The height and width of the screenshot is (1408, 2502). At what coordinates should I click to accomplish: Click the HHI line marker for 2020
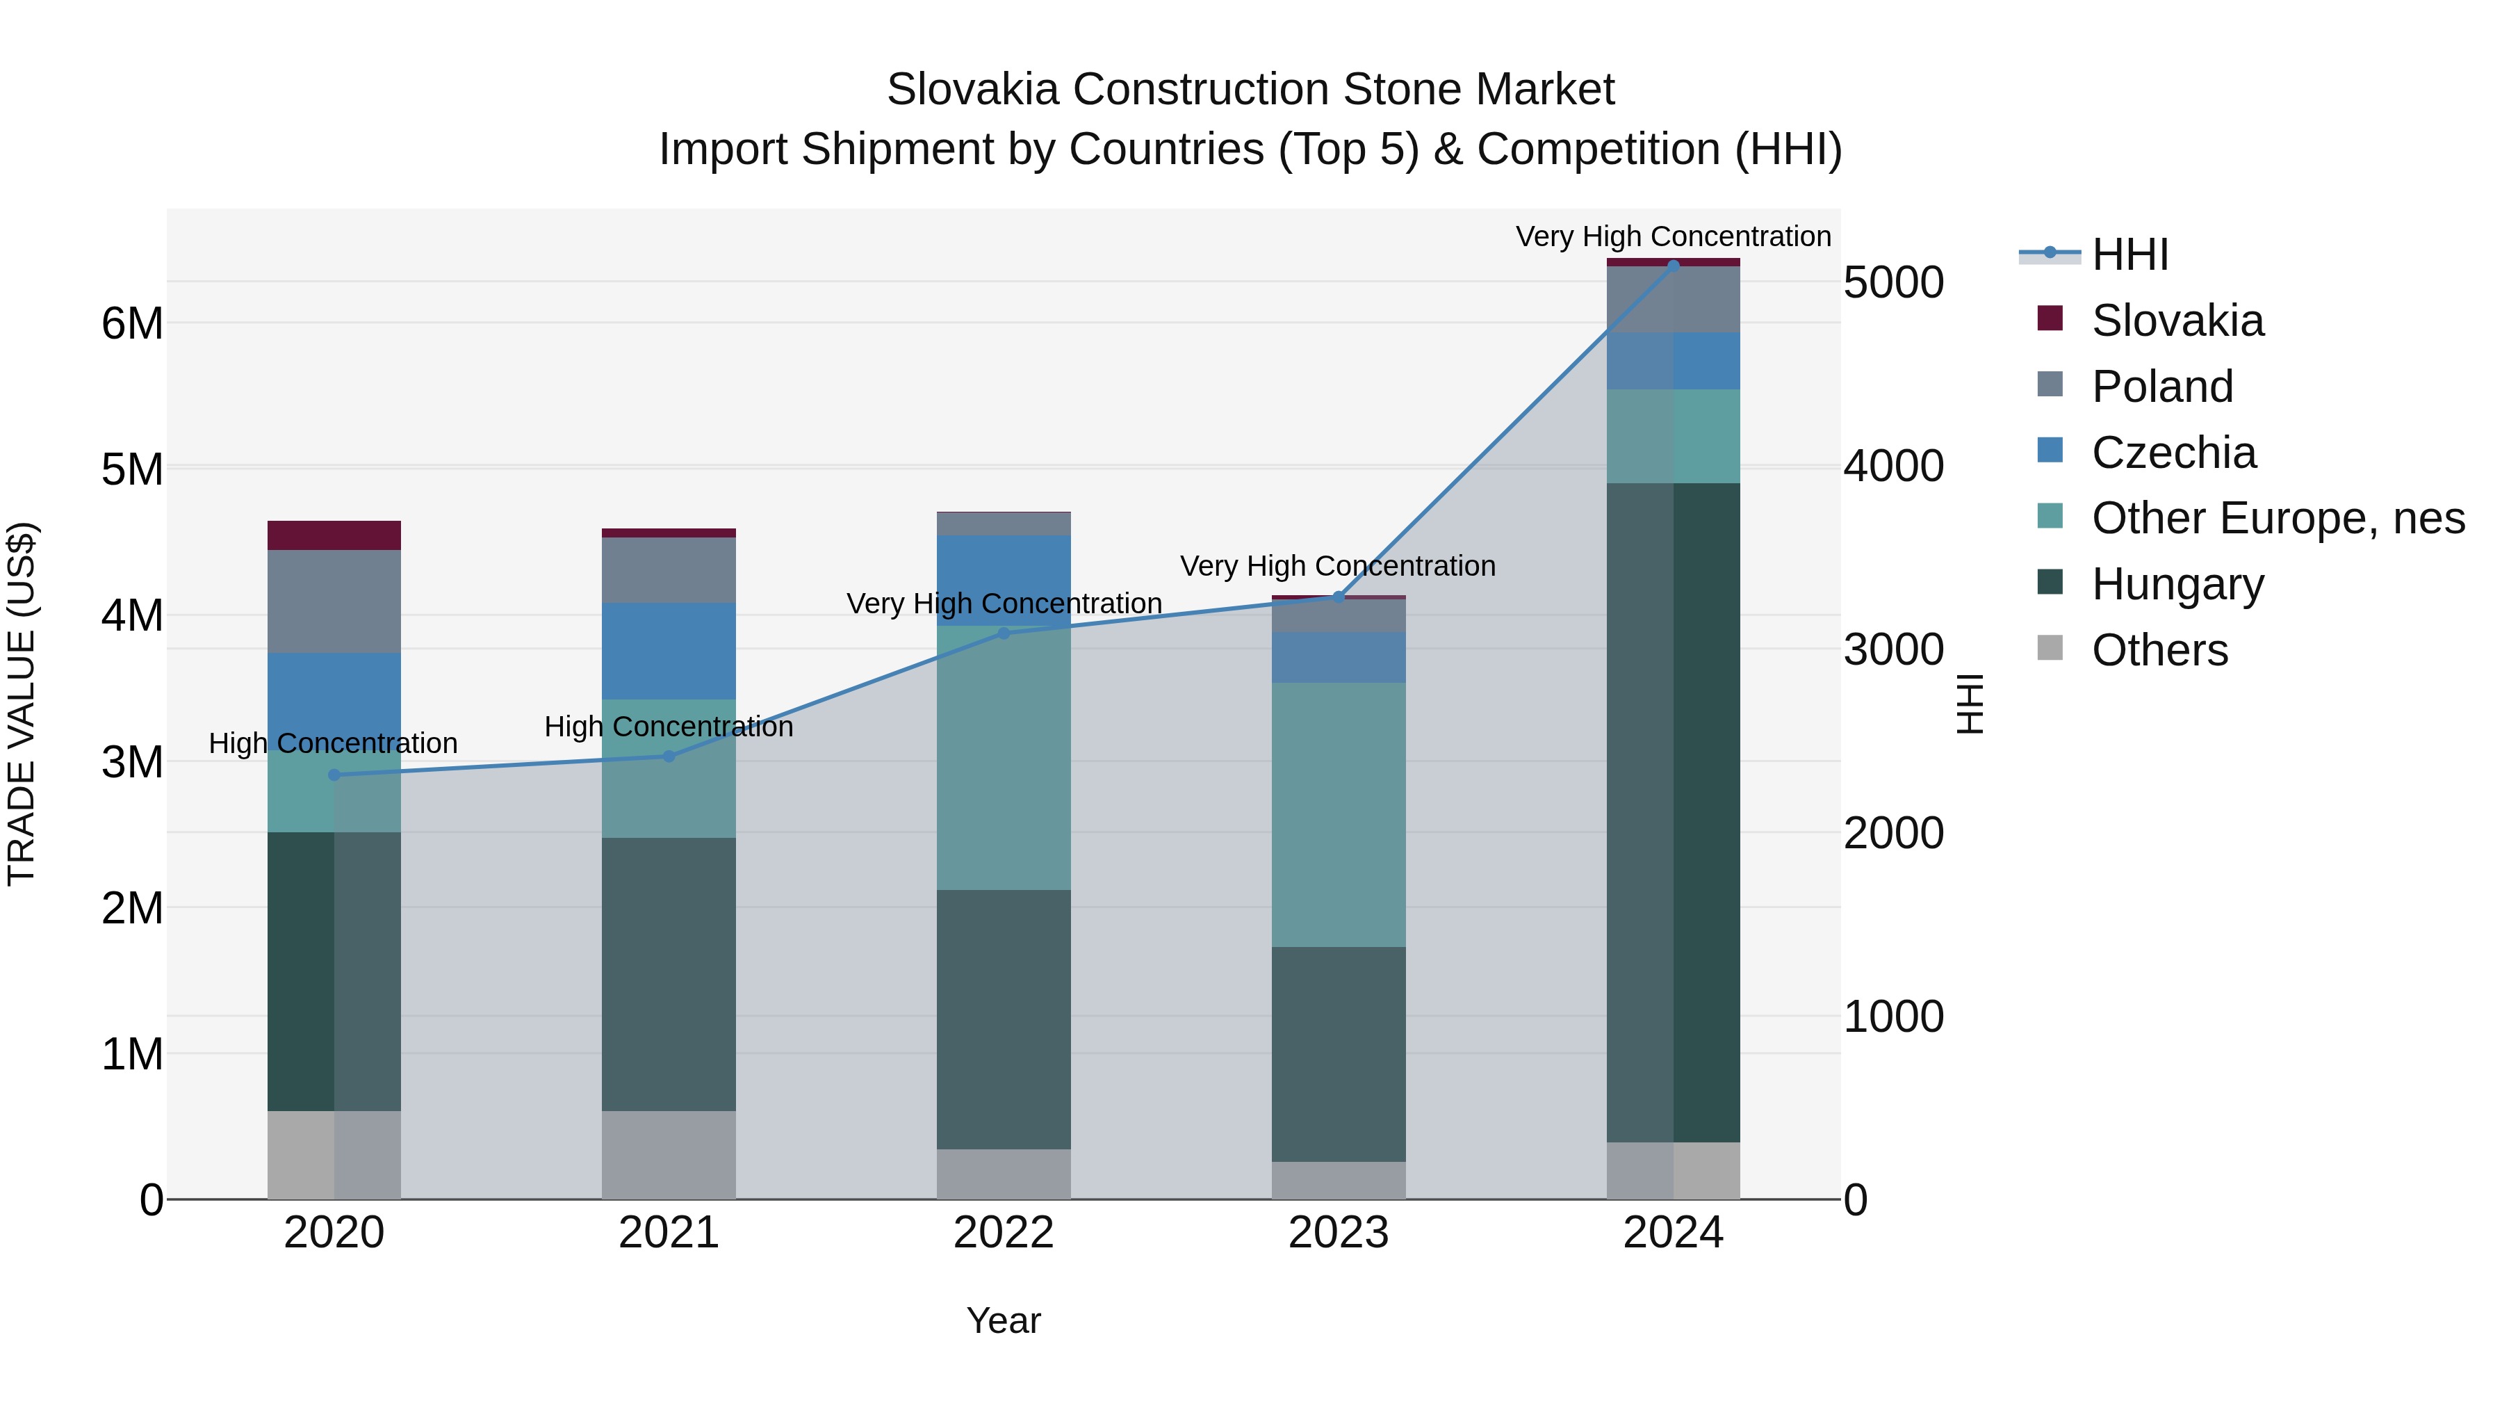tap(334, 775)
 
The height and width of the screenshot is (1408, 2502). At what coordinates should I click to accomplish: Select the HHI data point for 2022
tap(1004, 633)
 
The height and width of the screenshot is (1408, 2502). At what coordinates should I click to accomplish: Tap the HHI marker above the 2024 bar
tap(1674, 266)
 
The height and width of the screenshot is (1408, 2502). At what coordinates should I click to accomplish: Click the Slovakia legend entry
tap(2177, 321)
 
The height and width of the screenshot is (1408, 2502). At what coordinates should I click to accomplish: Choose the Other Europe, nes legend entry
tap(2278, 518)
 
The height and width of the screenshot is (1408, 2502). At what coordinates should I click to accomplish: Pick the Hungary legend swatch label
tap(2177, 584)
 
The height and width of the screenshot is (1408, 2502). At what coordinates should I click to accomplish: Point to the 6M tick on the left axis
tap(132, 323)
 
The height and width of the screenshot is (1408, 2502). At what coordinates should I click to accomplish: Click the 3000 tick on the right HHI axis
tap(1894, 650)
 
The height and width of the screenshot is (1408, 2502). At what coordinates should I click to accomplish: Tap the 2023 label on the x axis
tap(1339, 1233)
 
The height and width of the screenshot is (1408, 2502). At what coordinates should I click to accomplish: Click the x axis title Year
tap(1004, 1320)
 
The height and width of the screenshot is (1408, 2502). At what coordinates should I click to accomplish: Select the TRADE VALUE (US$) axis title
tap(22, 704)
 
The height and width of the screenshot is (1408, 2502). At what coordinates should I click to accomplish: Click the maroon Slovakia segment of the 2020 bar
tap(334, 535)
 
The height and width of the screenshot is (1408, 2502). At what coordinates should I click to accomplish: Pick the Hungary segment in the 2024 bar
tap(1674, 811)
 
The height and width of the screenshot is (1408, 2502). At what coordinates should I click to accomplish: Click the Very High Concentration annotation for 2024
tap(1673, 236)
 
